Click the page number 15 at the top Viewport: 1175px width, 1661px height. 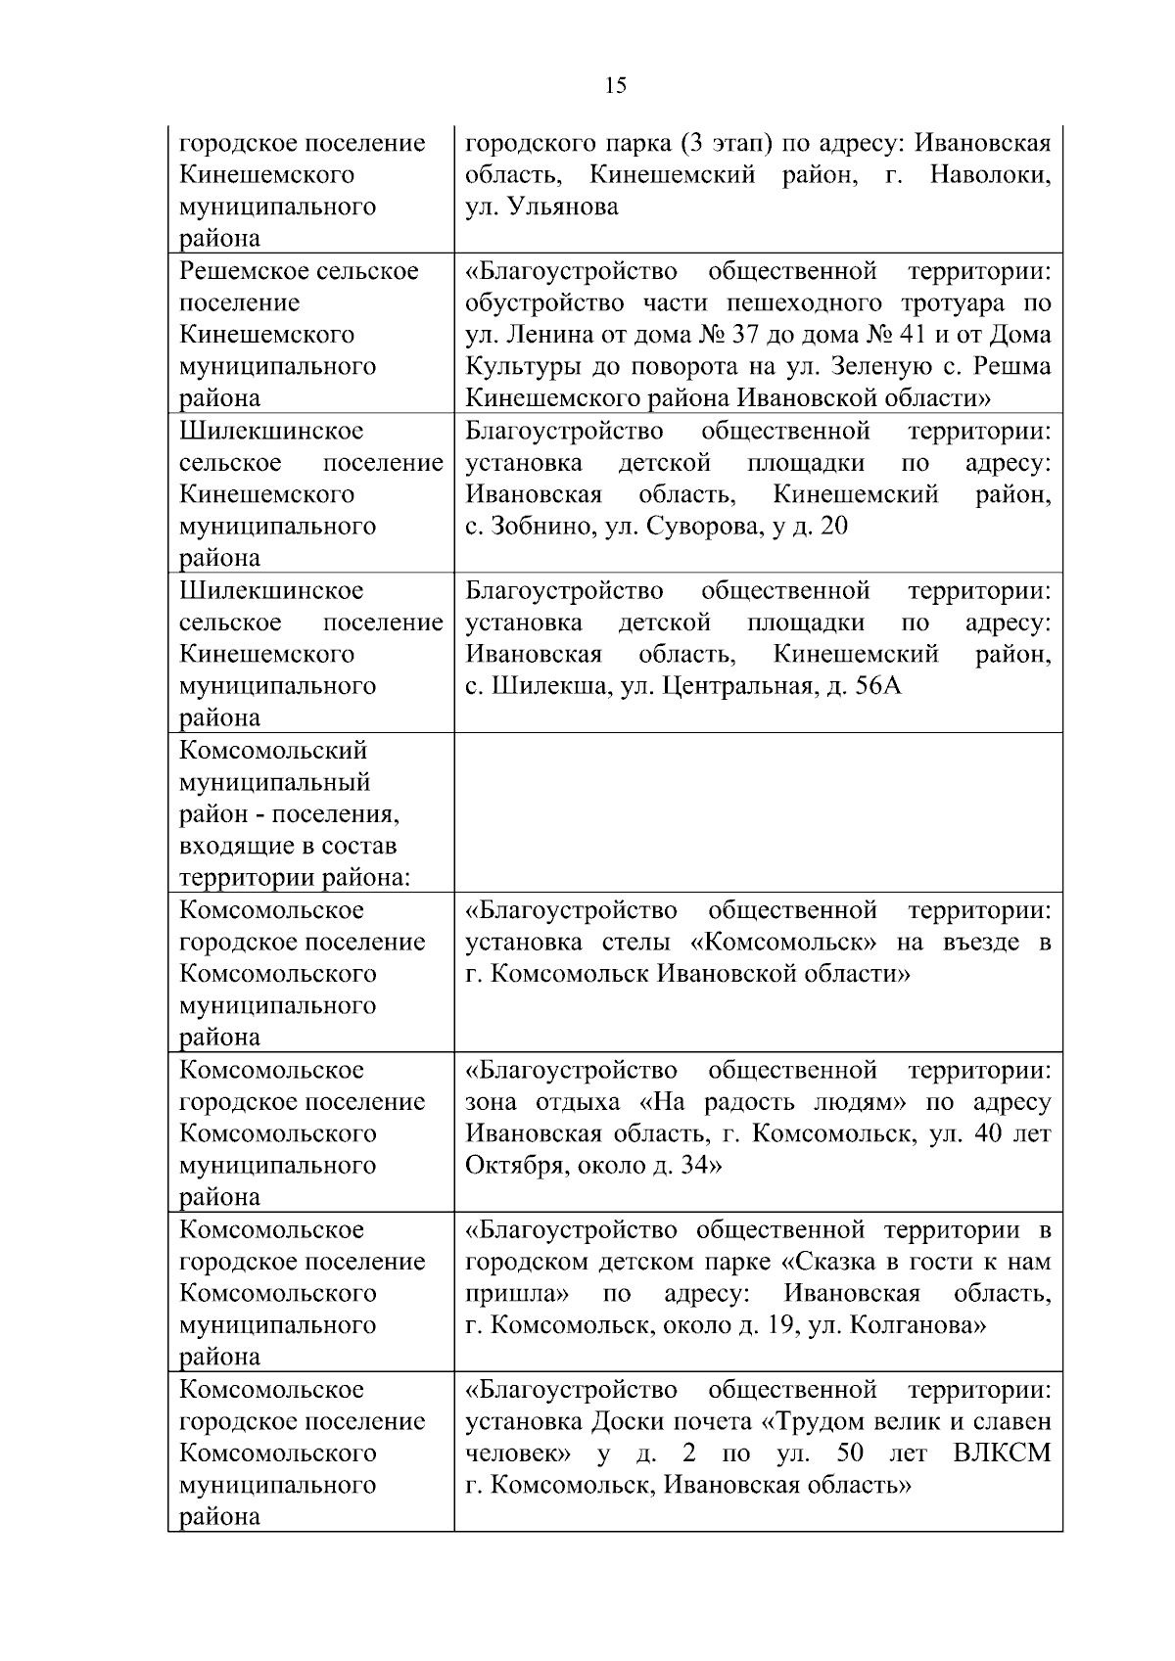[616, 86]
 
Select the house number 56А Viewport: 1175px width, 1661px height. [878, 686]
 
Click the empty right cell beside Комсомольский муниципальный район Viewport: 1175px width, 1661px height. [758, 811]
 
